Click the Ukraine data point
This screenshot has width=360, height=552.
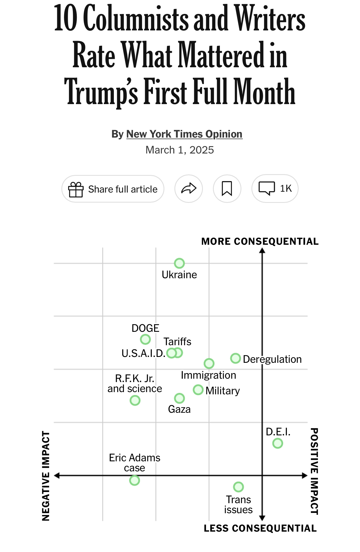click(179, 263)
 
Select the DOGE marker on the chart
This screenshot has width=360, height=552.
click(145, 339)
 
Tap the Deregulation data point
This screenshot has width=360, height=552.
click(236, 358)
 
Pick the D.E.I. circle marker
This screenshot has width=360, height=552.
click(278, 443)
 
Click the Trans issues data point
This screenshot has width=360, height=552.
click(238, 487)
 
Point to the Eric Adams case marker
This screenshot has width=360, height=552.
click(135, 481)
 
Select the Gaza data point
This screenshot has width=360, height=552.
click(179, 398)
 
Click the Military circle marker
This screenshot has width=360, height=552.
click(198, 390)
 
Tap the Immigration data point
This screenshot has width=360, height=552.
click(209, 363)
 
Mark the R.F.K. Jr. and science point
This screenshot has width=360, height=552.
click(135, 400)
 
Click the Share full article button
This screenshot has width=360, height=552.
click(113, 189)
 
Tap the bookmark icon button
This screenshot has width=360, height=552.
click(227, 189)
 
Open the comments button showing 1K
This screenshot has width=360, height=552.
click(275, 189)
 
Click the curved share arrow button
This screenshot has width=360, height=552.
click(189, 189)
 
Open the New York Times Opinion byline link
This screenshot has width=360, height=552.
click(184, 134)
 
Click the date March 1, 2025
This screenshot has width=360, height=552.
click(180, 150)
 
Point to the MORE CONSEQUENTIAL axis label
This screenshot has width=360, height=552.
click(260, 241)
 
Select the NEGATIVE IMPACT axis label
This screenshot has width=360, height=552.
click(46, 476)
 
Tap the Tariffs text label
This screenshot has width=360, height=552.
click(177, 342)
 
